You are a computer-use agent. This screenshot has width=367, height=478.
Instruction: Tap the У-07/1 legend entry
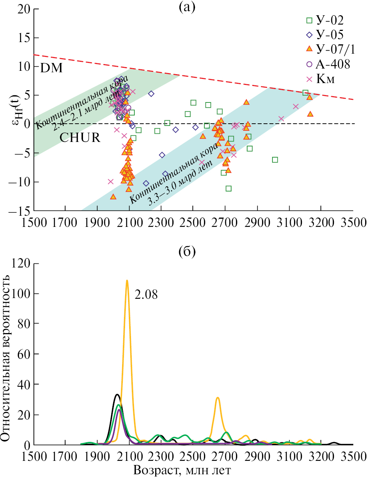pyautogui.click(x=330, y=49)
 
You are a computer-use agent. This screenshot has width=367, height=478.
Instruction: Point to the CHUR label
pyautogui.click(x=80, y=137)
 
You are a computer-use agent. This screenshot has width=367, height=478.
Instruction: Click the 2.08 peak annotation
pyautogui.click(x=146, y=295)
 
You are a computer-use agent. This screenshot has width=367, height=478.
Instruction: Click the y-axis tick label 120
pyautogui.click(x=20, y=263)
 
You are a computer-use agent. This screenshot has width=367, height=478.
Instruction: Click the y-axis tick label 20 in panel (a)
pyautogui.click(x=23, y=9)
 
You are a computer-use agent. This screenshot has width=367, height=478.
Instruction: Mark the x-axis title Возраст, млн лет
pyautogui.click(x=182, y=470)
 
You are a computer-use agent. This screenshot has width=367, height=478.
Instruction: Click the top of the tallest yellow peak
pyautogui.click(x=127, y=281)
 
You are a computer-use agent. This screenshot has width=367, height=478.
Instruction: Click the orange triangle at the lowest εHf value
pyautogui.click(x=113, y=197)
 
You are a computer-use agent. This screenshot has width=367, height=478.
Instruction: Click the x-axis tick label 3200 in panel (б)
pyautogui.click(x=320, y=456)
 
